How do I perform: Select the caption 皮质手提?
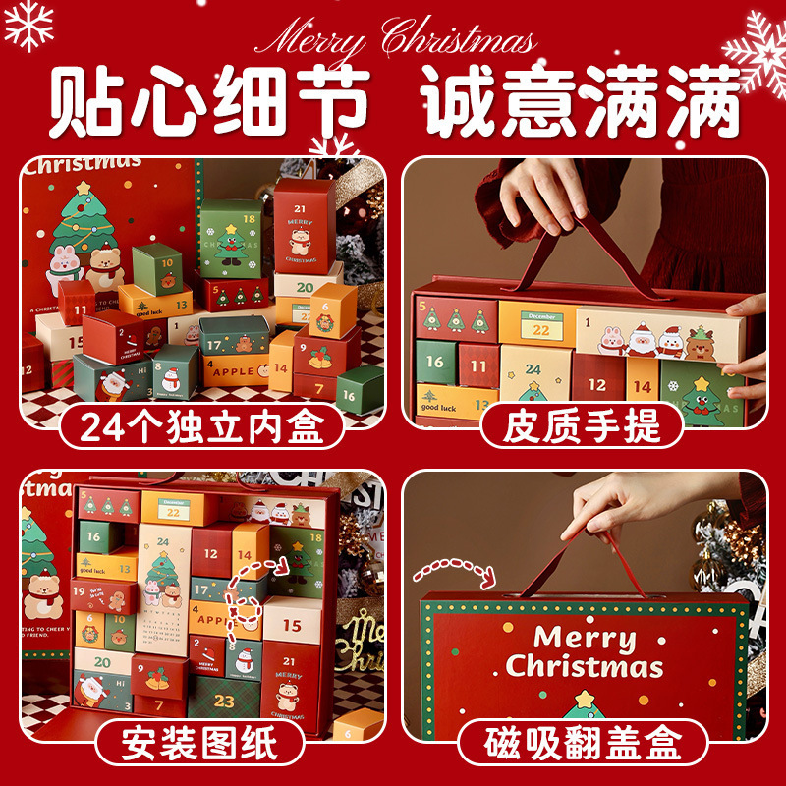pyautogui.click(x=582, y=425)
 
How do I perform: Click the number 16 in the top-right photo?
pyautogui.click(x=434, y=362)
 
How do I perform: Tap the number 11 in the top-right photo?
pyautogui.click(x=477, y=366)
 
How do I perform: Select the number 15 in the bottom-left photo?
pyautogui.click(x=292, y=625)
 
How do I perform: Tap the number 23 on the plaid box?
pyautogui.click(x=225, y=702)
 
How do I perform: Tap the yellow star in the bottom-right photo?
pyautogui.click(x=584, y=700)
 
